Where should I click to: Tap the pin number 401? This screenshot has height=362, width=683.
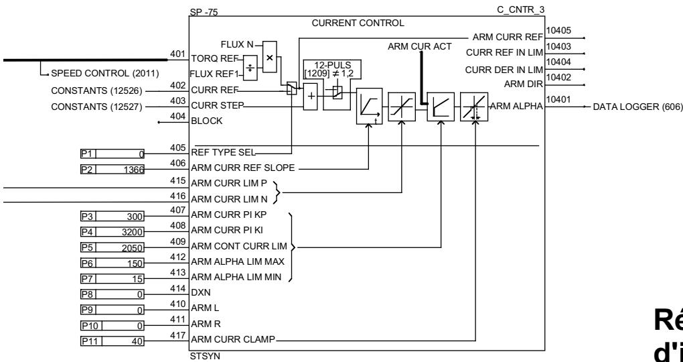click(x=177, y=54)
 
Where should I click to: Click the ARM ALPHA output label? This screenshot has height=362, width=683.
click(x=518, y=107)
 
